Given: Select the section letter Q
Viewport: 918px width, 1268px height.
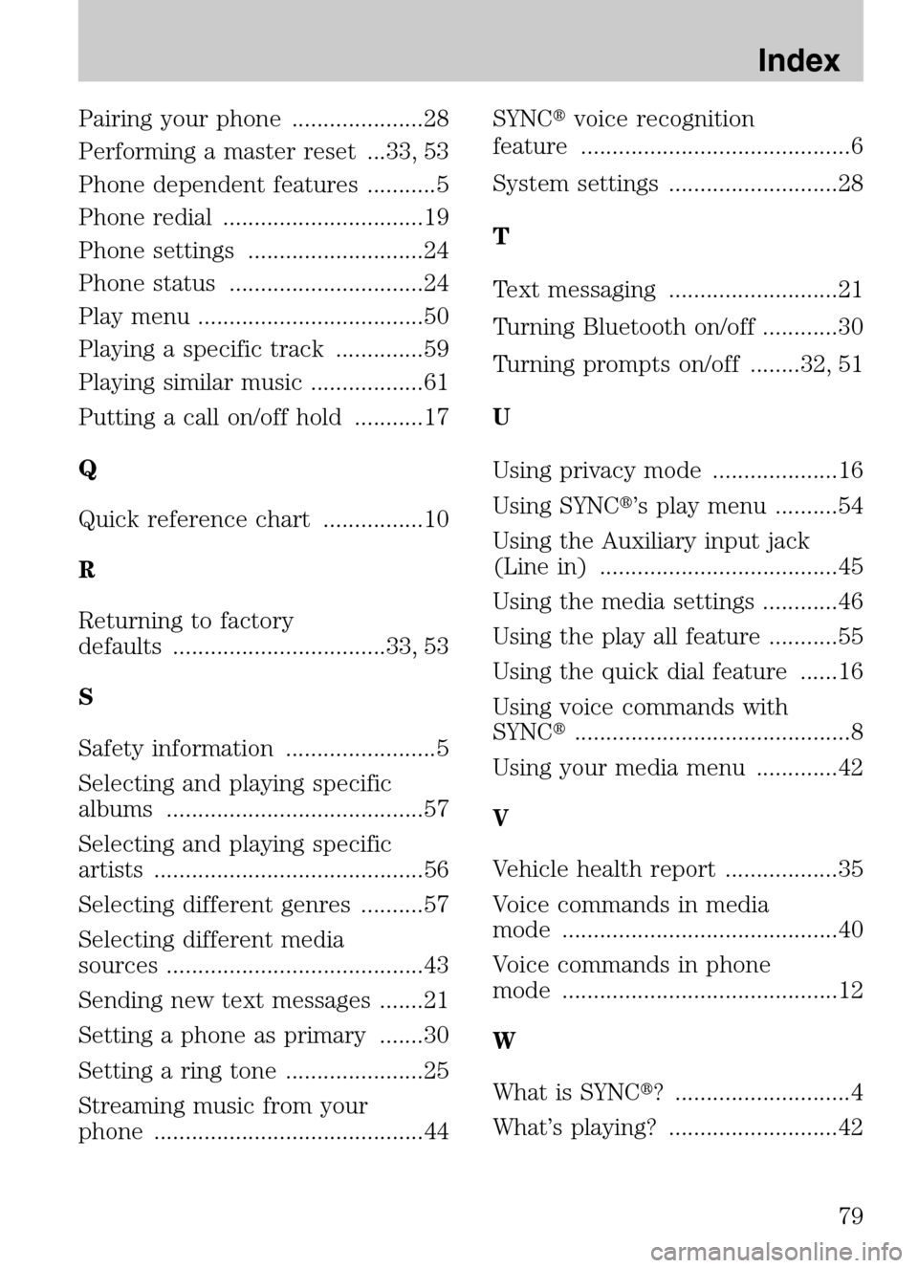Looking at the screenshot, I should click(87, 470).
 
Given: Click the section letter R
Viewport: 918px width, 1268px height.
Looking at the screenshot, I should click(86, 571).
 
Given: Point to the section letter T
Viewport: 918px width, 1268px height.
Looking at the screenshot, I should click(500, 236).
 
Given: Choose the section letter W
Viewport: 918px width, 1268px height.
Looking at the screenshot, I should click(503, 1040).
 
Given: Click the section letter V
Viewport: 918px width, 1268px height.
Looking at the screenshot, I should click(500, 819).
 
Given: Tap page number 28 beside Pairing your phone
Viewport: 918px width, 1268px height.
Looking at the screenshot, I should click(436, 120).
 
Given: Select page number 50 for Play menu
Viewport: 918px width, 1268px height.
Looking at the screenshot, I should click(436, 317).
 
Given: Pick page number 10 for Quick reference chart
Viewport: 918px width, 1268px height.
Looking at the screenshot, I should click(436, 520).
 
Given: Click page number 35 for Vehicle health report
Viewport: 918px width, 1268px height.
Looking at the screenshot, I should click(850, 869).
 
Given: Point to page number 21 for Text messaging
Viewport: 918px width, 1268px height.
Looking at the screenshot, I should click(850, 290).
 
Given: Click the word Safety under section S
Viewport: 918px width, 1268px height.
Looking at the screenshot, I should click(114, 749).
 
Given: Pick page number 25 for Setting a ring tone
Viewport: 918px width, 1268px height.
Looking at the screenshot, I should click(436, 1071).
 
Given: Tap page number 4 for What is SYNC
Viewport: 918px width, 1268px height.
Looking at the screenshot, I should click(857, 1092).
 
